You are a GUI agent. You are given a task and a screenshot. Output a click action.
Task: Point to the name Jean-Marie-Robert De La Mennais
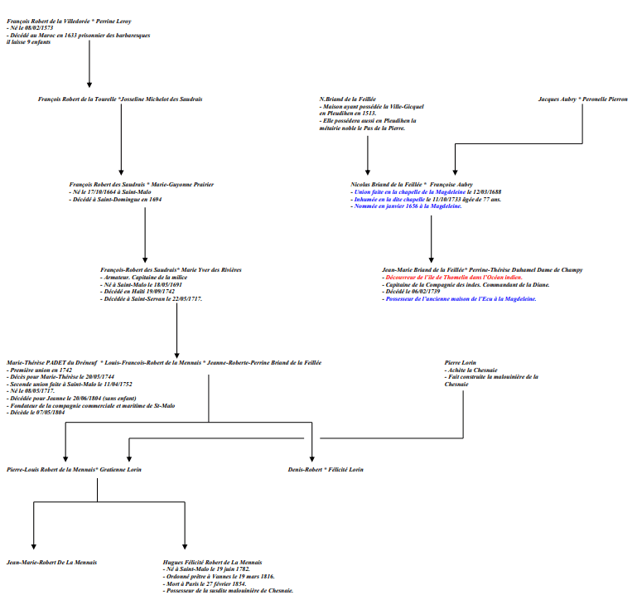tap(51, 562)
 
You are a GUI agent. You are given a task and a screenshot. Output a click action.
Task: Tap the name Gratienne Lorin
tap(120, 469)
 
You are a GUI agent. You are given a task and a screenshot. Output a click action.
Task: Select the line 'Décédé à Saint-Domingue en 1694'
tap(117, 200)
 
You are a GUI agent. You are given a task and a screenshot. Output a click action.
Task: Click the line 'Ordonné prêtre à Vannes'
tap(220, 576)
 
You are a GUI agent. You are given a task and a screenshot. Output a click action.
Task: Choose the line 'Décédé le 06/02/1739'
tap(411, 291)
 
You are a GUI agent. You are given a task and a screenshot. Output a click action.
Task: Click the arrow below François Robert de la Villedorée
tap(89, 66)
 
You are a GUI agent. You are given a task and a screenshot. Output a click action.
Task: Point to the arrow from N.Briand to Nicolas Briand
tap(368, 153)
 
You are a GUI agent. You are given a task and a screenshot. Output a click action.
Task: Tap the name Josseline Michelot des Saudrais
tap(162, 99)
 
